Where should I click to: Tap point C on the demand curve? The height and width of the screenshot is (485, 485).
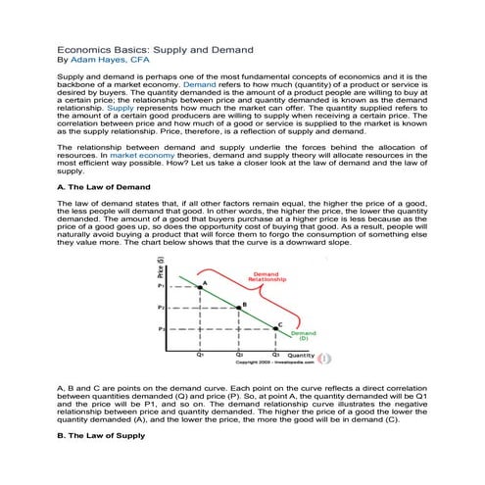[276, 330]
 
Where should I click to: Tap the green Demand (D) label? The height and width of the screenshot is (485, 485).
[303, 335]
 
